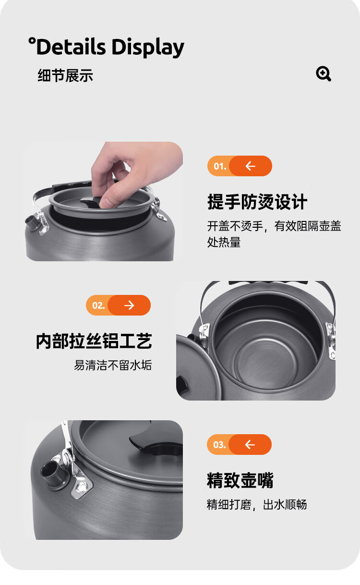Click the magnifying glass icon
pos(324,73)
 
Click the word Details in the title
pos(71,47)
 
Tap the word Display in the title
pos(148,48)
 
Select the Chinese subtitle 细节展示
pos(65,75)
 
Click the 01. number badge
pos(219,166)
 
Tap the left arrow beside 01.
pos(251,166)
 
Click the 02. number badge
pos(98,305)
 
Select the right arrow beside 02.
pos(129,305)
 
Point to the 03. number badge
pos(219,444)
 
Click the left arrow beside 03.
pos(250,444)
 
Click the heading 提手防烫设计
pos(257,202)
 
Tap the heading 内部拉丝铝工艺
pos(94,341)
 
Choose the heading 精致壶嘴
pos(240,480)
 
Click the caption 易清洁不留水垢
pos(113,365)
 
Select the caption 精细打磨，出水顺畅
pos(257,505)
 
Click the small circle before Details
pos(32,41)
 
